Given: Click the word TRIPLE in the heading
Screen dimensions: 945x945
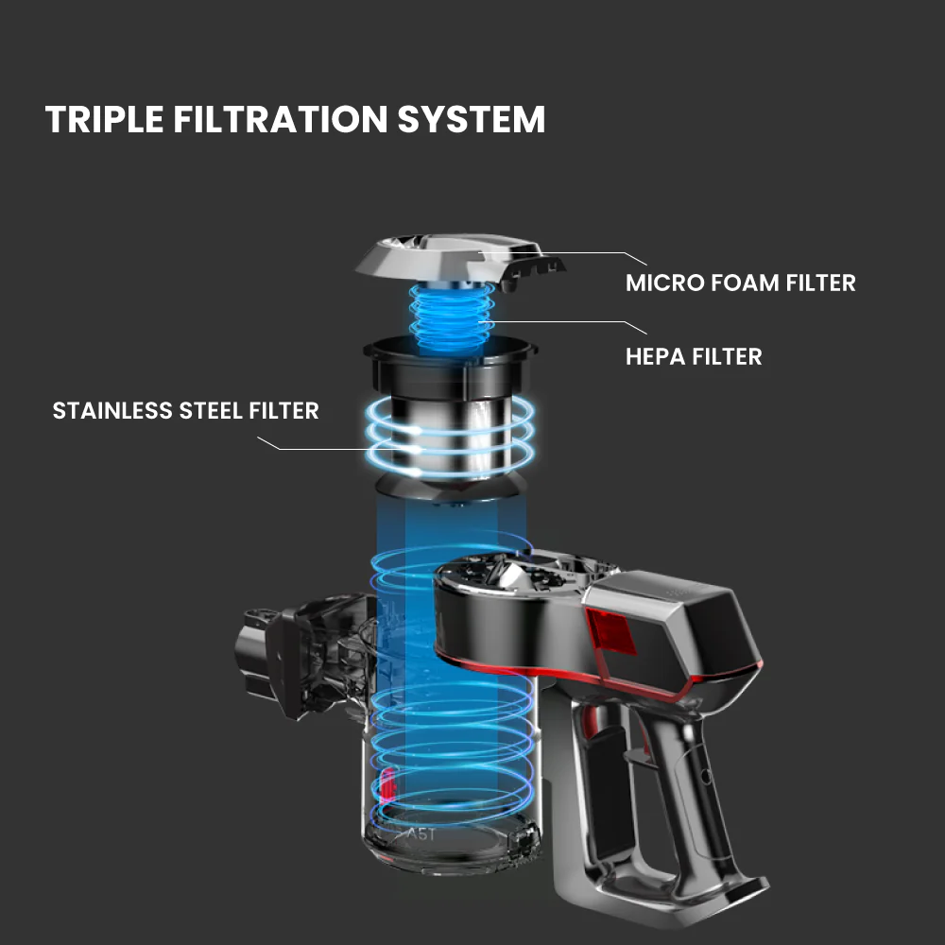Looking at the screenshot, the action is pos(104,119).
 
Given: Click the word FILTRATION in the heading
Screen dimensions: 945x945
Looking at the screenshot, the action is pos(281,119).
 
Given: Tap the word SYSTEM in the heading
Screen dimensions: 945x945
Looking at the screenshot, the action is pos(472,119).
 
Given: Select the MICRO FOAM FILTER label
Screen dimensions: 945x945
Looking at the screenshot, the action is pos(741,283).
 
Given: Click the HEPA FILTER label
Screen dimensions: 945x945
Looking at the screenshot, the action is pos(694,356).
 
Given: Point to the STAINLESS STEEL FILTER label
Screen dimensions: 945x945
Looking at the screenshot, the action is pos(185,410).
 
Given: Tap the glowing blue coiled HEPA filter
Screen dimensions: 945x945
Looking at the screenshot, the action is pos(452,318).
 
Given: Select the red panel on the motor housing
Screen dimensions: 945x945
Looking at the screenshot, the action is pos(610,633).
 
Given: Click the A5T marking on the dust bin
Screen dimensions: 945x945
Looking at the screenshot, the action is pos(421,834).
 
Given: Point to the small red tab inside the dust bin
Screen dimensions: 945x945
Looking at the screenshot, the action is pos(387,783).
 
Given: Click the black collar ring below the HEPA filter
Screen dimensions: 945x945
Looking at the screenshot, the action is pos(450,365).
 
